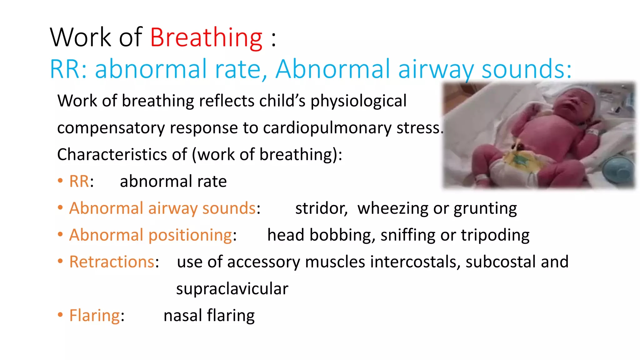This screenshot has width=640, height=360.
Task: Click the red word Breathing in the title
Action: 206,38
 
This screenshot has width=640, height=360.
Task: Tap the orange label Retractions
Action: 112,262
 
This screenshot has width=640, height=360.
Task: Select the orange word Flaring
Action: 94,316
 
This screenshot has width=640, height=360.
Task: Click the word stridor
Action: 321,208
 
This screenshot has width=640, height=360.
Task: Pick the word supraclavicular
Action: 232,289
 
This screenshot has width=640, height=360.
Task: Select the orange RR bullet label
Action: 79,182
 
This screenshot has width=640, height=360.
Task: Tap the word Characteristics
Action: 122,155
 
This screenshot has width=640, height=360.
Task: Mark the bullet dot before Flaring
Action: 60,315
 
